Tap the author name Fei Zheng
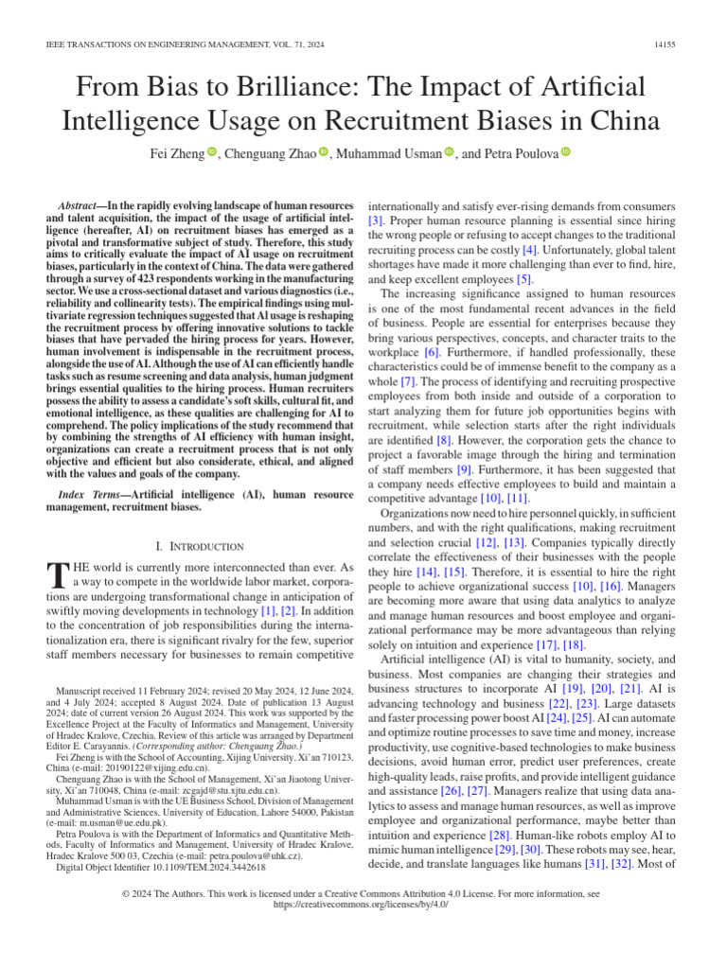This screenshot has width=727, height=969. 174,153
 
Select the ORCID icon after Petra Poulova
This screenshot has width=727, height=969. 566,153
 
